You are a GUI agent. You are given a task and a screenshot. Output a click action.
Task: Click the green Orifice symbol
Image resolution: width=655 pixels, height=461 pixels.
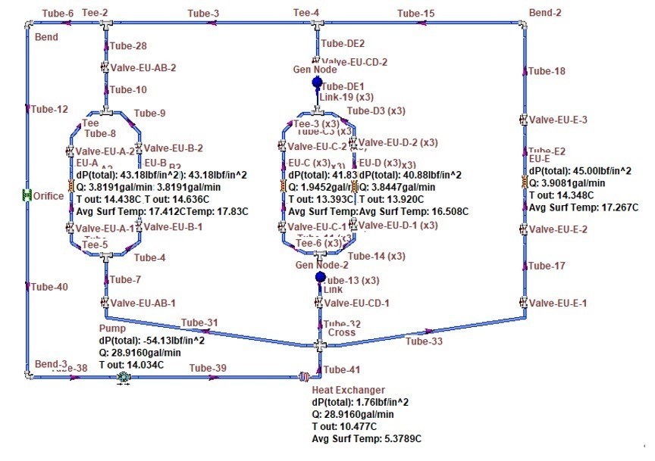27,195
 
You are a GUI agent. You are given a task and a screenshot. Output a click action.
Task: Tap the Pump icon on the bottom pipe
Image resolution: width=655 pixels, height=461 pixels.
124,375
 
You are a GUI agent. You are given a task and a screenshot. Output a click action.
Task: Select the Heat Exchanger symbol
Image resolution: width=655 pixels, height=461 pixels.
304,375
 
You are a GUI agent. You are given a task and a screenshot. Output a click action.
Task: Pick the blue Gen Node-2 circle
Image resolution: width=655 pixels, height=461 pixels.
320,278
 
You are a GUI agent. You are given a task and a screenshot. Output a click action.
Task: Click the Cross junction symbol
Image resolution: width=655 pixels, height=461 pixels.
320,344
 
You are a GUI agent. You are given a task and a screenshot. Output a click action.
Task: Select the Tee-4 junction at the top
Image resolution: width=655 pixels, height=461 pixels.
316,24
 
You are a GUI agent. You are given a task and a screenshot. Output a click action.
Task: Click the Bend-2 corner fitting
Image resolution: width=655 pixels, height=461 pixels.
523,24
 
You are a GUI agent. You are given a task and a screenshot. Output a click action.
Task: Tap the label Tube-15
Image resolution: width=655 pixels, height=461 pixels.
416,14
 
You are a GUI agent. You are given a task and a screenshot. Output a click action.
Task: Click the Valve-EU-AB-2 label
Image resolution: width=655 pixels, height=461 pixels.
143,67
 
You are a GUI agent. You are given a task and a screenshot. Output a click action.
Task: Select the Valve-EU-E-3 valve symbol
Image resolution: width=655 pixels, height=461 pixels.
523,120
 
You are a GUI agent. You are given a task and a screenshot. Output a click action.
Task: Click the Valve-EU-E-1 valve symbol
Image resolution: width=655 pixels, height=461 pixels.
523,303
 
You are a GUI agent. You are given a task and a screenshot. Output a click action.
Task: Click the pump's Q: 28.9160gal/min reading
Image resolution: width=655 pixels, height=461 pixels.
140,352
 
